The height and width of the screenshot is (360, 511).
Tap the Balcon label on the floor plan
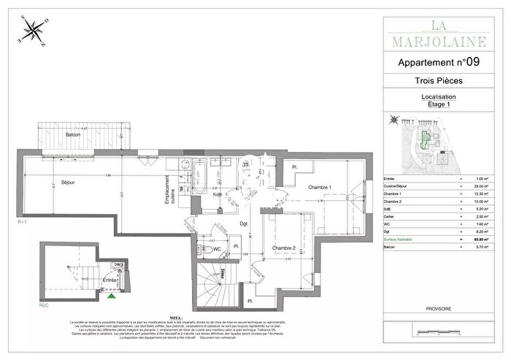click(x=73, y=135)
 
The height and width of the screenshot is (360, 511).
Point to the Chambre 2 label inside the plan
click(x=285, y=248)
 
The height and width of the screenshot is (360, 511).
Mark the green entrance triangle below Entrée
click(x=111, y=296)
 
